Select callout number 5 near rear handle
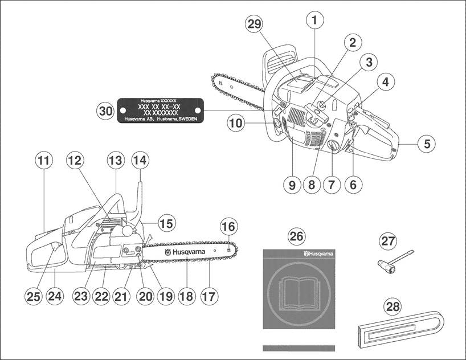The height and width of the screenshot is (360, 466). click(x=426, y=144)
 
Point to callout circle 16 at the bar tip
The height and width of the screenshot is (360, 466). click(x=228, y=227)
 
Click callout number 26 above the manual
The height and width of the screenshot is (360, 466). click(x=297, y=236)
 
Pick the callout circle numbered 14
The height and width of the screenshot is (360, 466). click(x=140, y=161)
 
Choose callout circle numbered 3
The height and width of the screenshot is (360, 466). click(x=369, y=62)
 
